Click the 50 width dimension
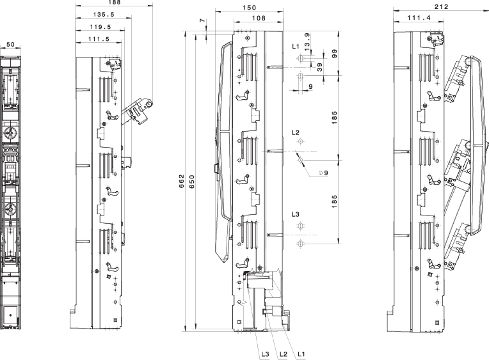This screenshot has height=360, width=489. pyautogui.click(x=10, y=45)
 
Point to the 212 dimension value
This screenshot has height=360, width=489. pyautogui.click(x=440, y=7)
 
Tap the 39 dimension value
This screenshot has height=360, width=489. pyautogui.click(x=319, y=66)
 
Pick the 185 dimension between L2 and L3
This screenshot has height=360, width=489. pyautogui.click(x=335, y=201)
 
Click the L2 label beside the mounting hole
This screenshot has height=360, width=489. pyautogui.click(x=295, y=132)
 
